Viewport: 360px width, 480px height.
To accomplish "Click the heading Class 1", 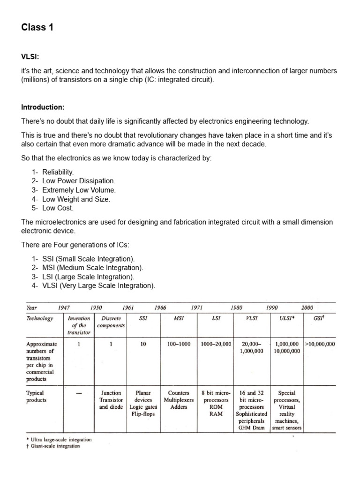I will [37, 28].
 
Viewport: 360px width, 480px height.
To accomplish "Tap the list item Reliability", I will [58, 172].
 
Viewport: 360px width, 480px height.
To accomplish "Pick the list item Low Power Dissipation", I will [78, 181].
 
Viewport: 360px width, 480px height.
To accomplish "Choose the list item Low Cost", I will [58, 208].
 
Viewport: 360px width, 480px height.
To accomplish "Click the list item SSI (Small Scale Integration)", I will [88, 259].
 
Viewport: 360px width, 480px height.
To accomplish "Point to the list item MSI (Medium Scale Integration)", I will [92, 268].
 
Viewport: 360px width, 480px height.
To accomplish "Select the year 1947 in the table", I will [64, 307].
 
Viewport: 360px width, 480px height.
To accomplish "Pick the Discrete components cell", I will [111, 322].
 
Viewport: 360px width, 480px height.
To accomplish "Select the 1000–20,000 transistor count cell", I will [216, 344].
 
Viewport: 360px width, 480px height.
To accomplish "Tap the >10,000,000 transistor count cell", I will [320, 344].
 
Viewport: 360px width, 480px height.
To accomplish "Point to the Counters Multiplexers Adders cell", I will [179, 400].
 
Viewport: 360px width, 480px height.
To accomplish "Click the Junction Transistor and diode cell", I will [111, 400].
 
